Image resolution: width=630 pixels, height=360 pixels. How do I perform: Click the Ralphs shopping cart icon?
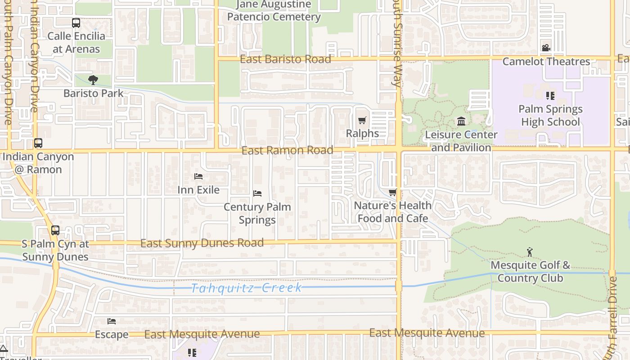coord(362,120)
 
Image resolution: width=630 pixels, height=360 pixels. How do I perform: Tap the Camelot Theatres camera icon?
coord(546,48)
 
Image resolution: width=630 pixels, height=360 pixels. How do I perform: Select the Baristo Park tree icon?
coord(93,80)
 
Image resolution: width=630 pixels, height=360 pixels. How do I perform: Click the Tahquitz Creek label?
coord(246,288)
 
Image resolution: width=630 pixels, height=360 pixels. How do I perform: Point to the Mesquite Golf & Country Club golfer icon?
coord(530,252)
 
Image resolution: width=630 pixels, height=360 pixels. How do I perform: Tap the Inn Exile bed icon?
coord(198,176)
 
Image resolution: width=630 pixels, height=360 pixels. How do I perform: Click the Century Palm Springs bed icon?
coord(257,193)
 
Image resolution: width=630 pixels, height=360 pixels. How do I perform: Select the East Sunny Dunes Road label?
coord(202,243)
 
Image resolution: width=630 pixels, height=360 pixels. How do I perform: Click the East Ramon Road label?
coord(288,150)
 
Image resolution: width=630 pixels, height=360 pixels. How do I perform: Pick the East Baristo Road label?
coord(286,59)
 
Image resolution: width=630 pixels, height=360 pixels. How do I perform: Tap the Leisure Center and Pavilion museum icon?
coord(461,121)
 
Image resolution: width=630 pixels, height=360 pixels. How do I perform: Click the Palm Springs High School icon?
coord(550,95)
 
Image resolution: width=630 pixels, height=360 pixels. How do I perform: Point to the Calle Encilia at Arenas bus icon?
coord(76,22)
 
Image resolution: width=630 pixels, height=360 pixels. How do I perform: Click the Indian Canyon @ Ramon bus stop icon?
coord(38,143)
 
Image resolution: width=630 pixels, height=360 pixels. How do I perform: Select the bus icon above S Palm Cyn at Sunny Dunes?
coord(55,230)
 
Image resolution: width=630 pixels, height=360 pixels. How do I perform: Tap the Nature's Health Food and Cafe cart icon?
coord(392,193)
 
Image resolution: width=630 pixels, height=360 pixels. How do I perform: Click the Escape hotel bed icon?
coord(112,321)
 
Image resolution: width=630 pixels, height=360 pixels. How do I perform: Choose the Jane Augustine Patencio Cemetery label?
coord(274,11)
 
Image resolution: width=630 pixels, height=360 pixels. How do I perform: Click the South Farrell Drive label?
coord(612,315)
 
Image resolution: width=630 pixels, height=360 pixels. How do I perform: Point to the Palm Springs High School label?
coord(550,115)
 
